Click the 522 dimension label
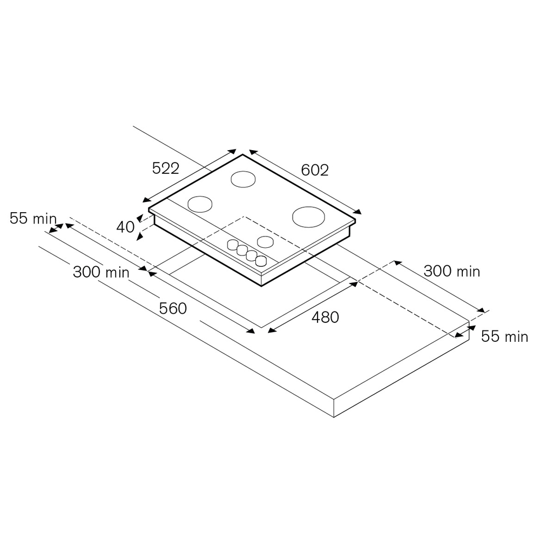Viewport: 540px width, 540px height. (x=166, y=168)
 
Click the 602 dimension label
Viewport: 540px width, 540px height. (x=315, y=170)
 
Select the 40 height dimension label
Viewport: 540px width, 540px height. (x=125, y=227)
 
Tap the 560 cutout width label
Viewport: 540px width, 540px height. (x=173, y=308)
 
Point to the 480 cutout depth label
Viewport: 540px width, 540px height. (x=325, y=317)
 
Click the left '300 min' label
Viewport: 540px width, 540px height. (x=102, y=272)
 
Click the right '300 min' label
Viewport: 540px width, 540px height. (x=452, y=271)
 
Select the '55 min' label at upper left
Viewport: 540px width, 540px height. (x=33, y=218)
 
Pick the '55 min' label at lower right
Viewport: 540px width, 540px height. (x=504, y=336)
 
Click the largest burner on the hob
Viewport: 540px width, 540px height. (x=308, y=217)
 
